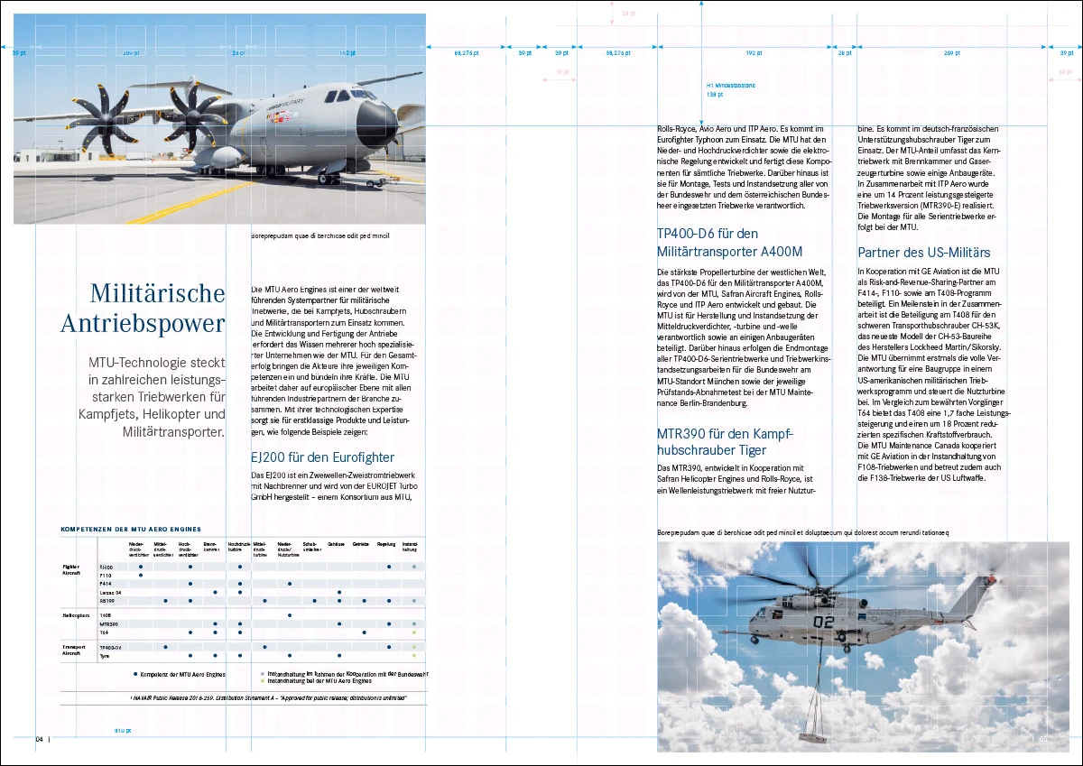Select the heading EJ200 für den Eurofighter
tap(322, 457)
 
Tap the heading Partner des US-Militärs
tap(924, 253)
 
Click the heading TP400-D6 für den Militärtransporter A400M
tap(729, 243)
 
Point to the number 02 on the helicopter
tap(824, 622)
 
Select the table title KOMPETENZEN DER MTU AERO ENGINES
tap(130, 529)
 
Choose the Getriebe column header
tap(360, 545)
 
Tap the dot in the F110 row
tap(141, 575)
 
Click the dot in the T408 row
tap(289, 614)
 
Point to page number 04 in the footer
tap(40, 739)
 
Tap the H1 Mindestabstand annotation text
tap(730, 86)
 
